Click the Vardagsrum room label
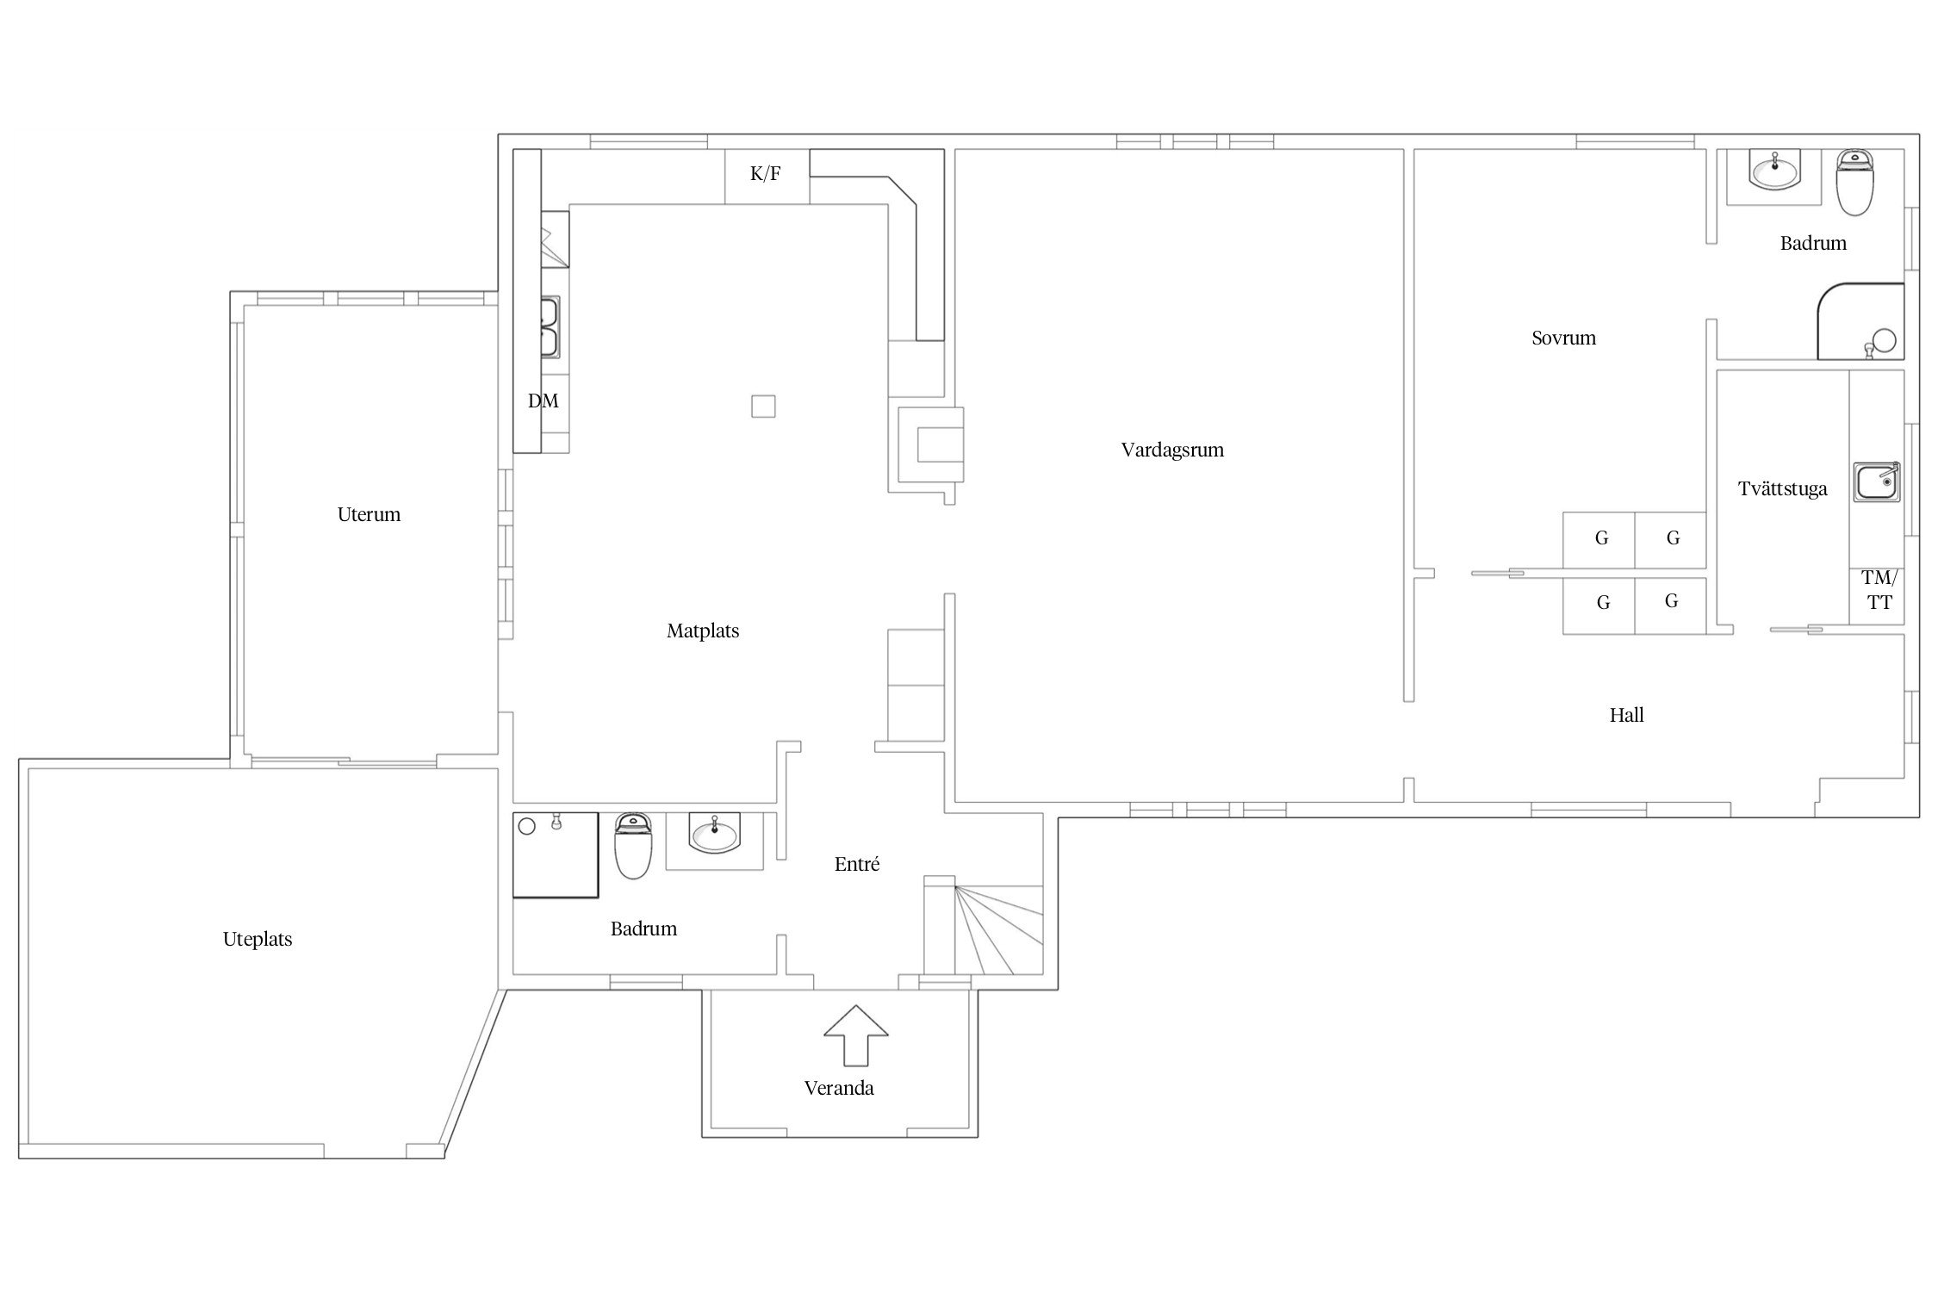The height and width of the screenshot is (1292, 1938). click(x=1172, y=450)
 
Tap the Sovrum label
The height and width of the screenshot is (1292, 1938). click(x=1563, y=338)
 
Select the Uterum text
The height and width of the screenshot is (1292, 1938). click(x=369, y=514)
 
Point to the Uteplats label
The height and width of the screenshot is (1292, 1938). click(x=258, y=939)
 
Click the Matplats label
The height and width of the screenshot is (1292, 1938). click(x=703, y=630)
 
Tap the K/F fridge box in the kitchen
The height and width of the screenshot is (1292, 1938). click(x=767, y=176)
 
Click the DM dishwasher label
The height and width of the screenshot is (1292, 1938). click(x=543, y=401)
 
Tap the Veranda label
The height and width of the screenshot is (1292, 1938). click(x=839, y=1088)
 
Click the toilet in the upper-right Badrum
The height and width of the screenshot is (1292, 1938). click(x=1854, y=183)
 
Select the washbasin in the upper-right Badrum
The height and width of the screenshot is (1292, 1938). click(x=1774, y=171)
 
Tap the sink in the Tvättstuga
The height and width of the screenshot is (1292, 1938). click(x=1877, y=481)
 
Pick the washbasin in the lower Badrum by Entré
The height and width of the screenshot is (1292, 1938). click(x=714, y=834)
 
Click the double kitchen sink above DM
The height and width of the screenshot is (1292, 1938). click(x=550, y=326)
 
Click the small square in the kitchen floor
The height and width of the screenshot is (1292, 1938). click(x=763, y=406)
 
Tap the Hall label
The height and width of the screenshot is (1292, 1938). click(x=1626, y=715)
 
